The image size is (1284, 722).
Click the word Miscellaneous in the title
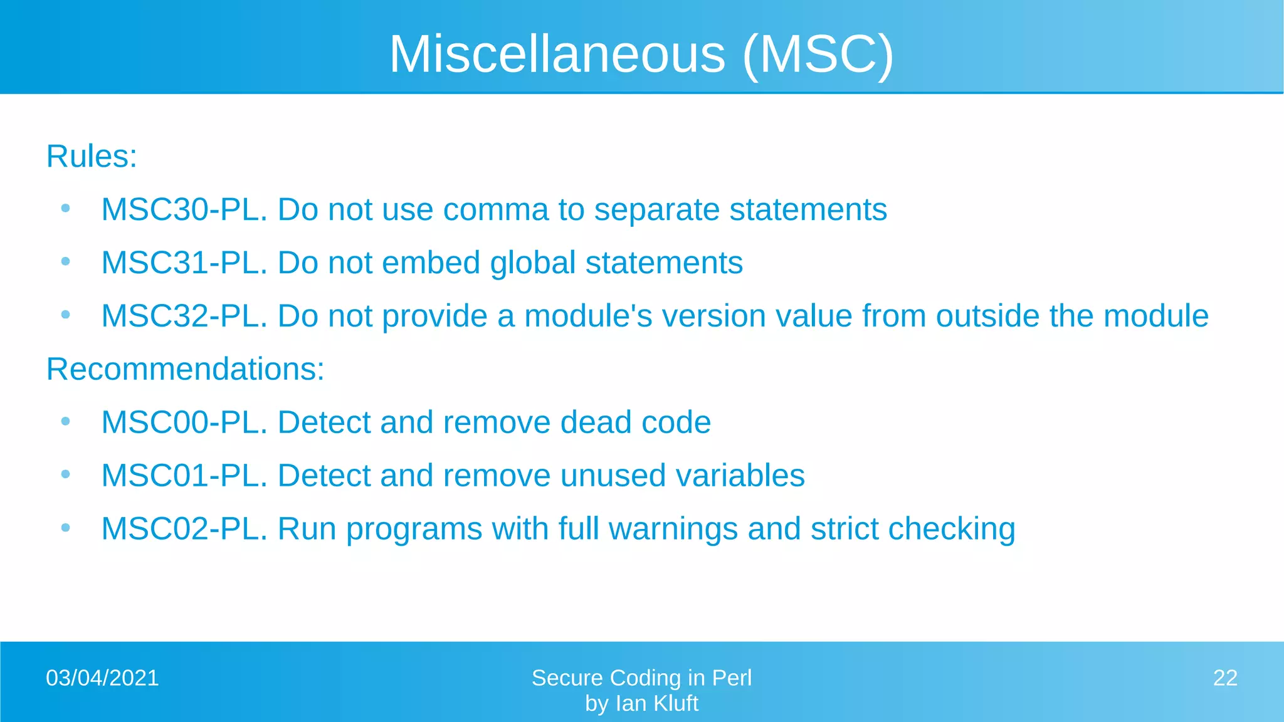coord(557,54)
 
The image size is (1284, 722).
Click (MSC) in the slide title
coord(818,54)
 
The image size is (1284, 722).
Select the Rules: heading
coord(92,156)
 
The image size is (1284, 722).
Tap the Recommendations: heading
coord(186,369)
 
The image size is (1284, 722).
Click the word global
coord(532,263)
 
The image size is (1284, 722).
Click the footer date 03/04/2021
coord(102,678)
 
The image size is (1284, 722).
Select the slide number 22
coord(1225,678)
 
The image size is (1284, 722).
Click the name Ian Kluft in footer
coord(656,704)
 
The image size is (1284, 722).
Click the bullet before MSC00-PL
coord(65,422)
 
